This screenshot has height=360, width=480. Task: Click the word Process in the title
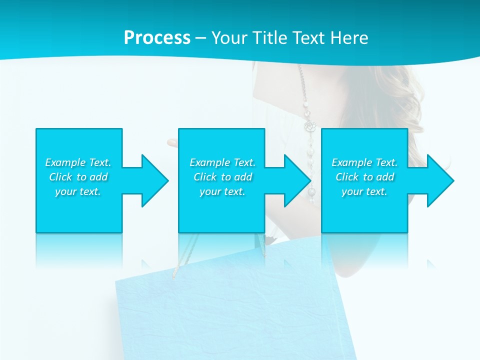pos(157,38)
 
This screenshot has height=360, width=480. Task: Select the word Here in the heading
pos(349,38)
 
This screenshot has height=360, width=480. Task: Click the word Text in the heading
pos(309,38)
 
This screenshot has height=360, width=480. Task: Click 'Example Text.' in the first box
pos(78,162)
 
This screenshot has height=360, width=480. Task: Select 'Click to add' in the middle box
pos(222,177)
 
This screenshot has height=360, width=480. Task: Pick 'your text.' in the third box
pos(364,191)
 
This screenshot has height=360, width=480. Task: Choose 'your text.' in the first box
pos(78,191)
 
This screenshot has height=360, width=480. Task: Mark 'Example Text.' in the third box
pos(364,162)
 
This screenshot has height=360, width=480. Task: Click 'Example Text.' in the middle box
pos(222,162)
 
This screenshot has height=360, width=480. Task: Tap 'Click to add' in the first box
pos(78,177)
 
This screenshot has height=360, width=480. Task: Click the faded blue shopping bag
pos(235,310)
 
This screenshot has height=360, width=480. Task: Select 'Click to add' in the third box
pos(364,177)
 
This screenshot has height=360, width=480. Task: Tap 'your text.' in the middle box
pos(222,191)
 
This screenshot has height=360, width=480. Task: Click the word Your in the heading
pos(229,38)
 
